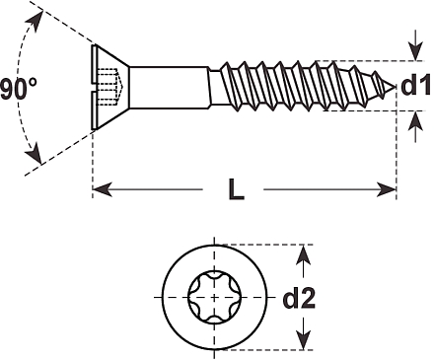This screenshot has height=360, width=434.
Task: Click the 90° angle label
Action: pyautogui.click(x=19, y=89)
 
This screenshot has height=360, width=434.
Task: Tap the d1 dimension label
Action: pyautogui.click(x=415, y=85)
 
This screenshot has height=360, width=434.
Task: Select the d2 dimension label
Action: pyautogui.click(x=299, y=298)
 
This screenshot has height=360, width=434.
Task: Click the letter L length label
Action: pyautogui.click(x=236, y=189)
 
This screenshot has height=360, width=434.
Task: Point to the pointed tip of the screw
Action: pyautogui.click(x=395, y=87)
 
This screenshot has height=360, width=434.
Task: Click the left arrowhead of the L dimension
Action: pyautogui.click(x=103, y=189)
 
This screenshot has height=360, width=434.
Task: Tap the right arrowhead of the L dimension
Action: pyautogui.click(x=386, y=189)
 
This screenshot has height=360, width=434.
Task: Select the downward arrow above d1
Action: pyautogui.click(x=416, y=45)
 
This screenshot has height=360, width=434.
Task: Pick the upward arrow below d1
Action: pyautogui.click(x=416, y=126)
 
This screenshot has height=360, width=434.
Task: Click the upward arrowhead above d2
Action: pyautogui.click(x=303, y=255)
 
